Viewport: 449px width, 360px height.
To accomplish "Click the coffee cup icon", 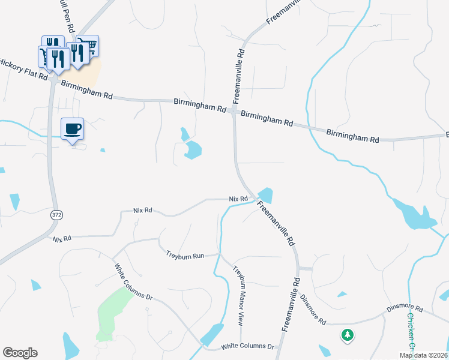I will [x=72, y=128].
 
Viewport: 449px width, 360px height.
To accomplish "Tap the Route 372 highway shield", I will [x=56, y=215].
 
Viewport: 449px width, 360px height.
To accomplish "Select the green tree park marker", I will [x=347, y=335].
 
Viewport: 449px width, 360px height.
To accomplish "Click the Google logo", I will [x=20, y=353].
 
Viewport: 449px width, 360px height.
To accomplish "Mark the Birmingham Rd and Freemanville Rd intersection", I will [x=234, y=112].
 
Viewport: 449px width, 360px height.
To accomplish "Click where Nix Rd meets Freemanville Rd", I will [x=255, y=200].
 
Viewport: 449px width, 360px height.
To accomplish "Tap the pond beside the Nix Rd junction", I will [x=265, y=195].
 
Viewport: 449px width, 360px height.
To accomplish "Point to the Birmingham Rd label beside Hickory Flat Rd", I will [x=86, y=92].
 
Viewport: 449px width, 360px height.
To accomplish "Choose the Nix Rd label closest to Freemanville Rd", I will [x=238, y=199].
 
